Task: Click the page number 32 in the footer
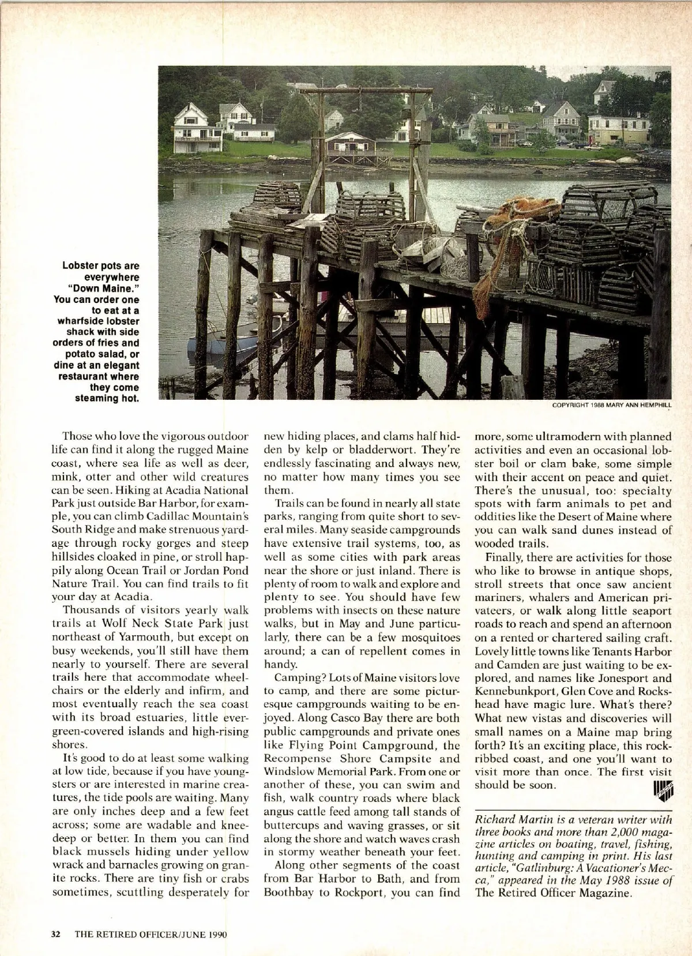click(56, 934)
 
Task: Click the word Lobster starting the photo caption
click(81, 266)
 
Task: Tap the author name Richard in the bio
click(494, 819)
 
